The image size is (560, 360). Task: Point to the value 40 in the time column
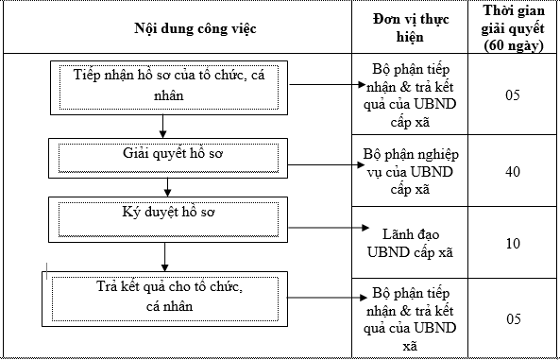point(513,171)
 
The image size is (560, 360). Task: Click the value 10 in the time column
point(513,243)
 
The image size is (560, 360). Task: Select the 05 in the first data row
point(513,96)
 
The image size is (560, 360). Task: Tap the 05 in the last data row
point(513,317)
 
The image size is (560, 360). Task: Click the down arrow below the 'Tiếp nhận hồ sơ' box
point(164,125)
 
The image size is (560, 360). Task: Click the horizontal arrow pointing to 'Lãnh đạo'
point(326,228)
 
